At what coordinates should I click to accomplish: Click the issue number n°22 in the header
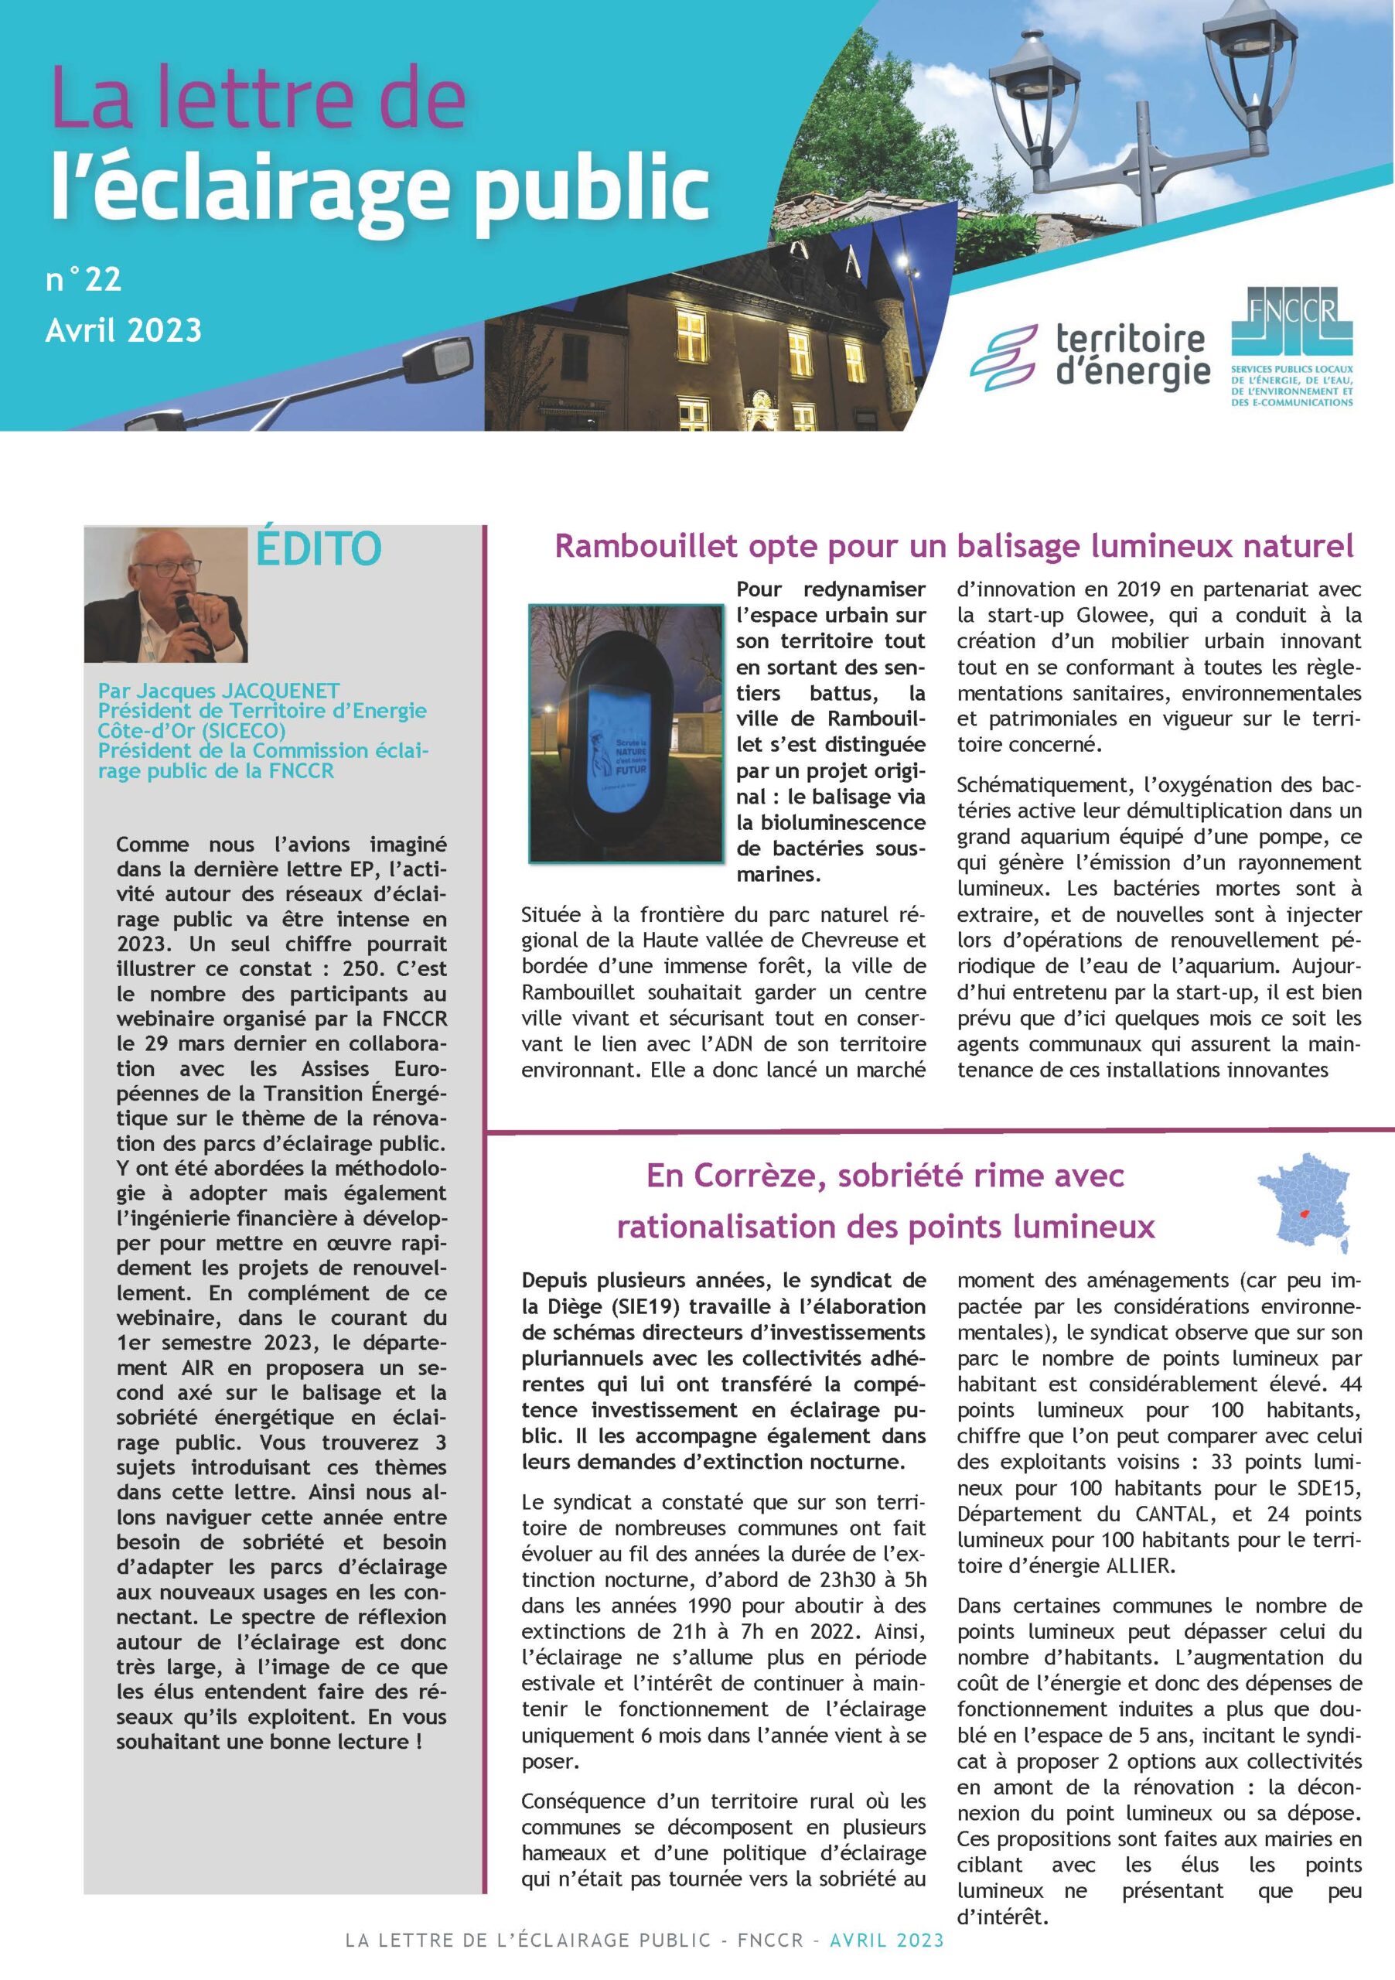84,279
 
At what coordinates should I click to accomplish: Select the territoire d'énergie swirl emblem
1005,358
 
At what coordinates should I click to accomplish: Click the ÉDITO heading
318,549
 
